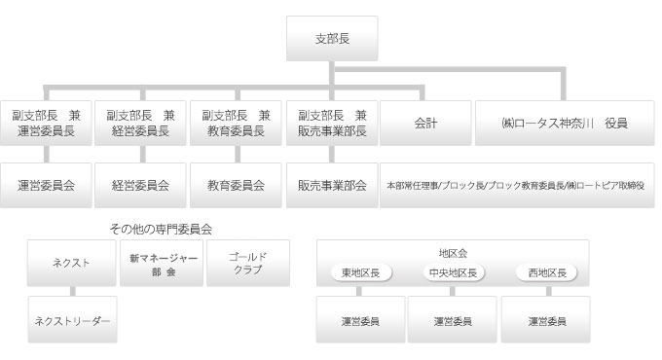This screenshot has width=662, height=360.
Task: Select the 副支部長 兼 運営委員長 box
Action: pos(46,123)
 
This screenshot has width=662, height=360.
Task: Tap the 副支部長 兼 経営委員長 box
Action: pos(140,123)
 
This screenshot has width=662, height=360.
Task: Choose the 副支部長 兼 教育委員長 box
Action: pos(236,123)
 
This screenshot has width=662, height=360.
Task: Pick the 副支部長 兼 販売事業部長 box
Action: pos(333,123)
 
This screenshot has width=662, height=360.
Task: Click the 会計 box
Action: pos(425,123)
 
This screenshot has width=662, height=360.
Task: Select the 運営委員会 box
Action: pos(46,183)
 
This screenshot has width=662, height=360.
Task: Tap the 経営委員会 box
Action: pos(140,183)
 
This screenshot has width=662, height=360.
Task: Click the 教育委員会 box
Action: pos(236,183)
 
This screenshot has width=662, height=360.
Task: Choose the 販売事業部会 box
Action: pos(333,183)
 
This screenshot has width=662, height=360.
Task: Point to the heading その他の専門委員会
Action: pos(161,230)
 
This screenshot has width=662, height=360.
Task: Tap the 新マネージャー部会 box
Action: pos(163,263)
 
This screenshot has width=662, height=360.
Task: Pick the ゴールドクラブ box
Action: pos(247,263)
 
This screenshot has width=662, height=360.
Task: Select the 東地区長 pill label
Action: pos(360,273)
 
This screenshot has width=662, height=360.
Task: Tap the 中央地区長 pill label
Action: pos(453,273)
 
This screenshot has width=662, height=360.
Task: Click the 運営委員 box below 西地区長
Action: pos(545,319)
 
